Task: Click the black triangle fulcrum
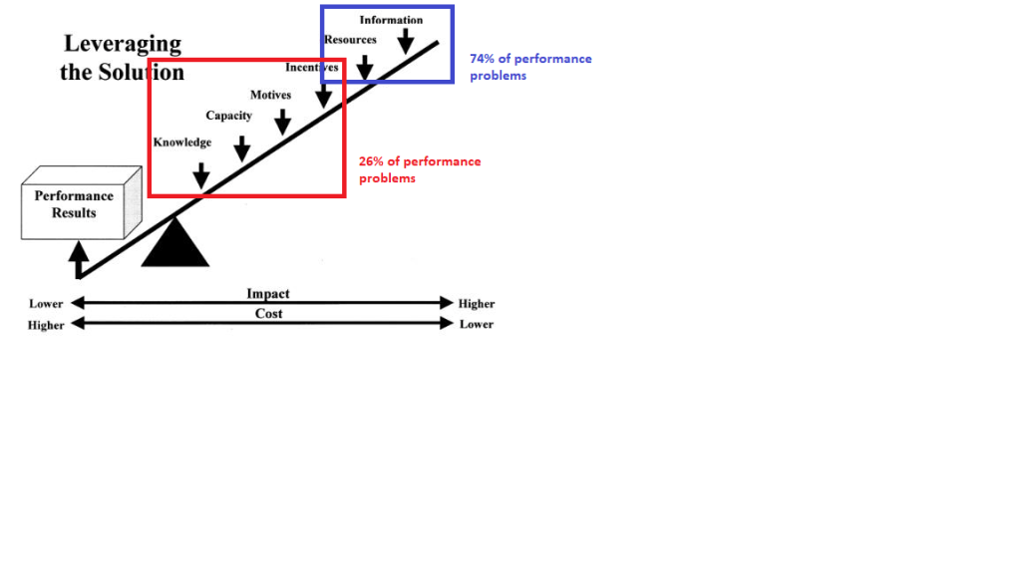[x=175, y=244]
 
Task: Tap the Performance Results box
[x=75, y=204]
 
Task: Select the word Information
[x=391, y=20]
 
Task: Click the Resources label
[x=350, y=40]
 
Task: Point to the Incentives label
[x=311, y=68]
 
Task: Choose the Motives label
[x=270, y=95]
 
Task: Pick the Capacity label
[x=228, y=116]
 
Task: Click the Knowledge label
[x=182, y=143]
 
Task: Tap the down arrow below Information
[x=405, y=41]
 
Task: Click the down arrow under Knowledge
[x=201, y=175]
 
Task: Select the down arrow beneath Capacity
[x=241, y=148]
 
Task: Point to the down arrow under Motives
[x=282, y=122]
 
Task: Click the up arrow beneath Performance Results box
[x=78, y=261]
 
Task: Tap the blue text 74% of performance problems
[x=530, y=67]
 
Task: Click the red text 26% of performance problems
[x=420, y=169]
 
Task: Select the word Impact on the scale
[x=268, y=294]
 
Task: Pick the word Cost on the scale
[x=268, y=314]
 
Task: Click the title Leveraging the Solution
[x=123, y=58]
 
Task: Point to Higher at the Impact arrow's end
[x=476, y=304]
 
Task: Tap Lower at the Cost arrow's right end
[x=476, y=324]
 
